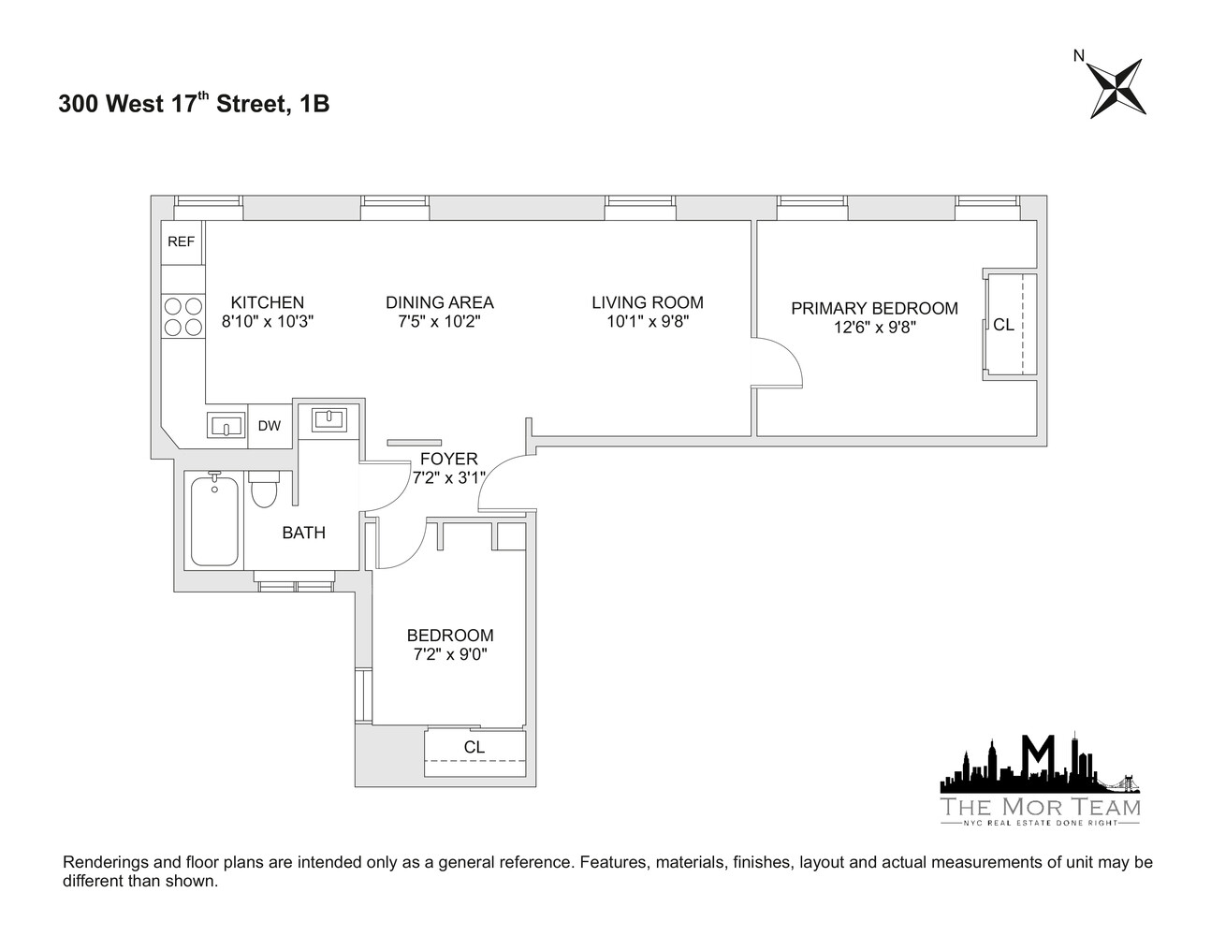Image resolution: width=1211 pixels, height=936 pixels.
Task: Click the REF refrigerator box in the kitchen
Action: coord(182,242)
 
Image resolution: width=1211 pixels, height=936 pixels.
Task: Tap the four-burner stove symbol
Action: coord(182,315)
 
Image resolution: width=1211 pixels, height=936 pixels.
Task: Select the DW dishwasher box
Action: coord(270,426)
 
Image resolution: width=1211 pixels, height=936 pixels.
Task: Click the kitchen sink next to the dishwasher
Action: coord(226,427)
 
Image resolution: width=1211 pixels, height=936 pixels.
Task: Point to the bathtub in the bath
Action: coord(215,520)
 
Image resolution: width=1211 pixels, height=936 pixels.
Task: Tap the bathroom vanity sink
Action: coord(328,418)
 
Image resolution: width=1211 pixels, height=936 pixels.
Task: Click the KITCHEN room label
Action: coord(268,302)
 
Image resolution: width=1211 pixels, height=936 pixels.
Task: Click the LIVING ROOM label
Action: coord(647,302)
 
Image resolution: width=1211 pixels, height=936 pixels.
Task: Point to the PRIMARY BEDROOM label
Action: coord(874,308)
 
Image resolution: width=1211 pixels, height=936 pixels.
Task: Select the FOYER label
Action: coord(448,459)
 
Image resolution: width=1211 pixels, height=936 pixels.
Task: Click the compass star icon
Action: coord(1117,88)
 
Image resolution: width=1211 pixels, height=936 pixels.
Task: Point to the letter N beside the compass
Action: coord(1079,56)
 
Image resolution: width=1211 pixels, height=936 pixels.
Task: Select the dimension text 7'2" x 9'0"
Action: coord(450,654)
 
